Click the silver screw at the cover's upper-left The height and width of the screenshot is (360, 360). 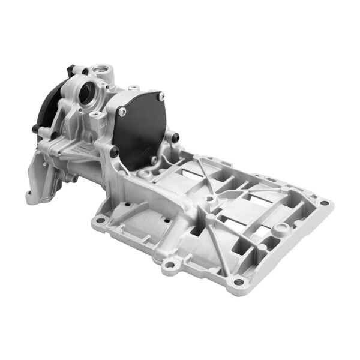(x=122, y=112)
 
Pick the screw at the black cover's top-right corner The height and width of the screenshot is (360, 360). (x=160, y=96)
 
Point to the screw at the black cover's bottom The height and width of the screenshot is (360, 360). (x=154, y=160)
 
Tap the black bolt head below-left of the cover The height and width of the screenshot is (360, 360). (x=113, y=152)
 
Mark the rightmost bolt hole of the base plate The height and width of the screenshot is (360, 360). (x=324, y=203)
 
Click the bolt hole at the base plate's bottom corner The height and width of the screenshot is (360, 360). (x=239, y=281)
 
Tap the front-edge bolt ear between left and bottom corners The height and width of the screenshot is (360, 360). (x=170, y=263)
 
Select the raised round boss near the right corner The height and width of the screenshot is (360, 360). (x=279, y=229)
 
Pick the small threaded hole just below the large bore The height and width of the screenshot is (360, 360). (x=95, y=113)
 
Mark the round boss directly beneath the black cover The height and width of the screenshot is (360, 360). (x=144, y=173)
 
